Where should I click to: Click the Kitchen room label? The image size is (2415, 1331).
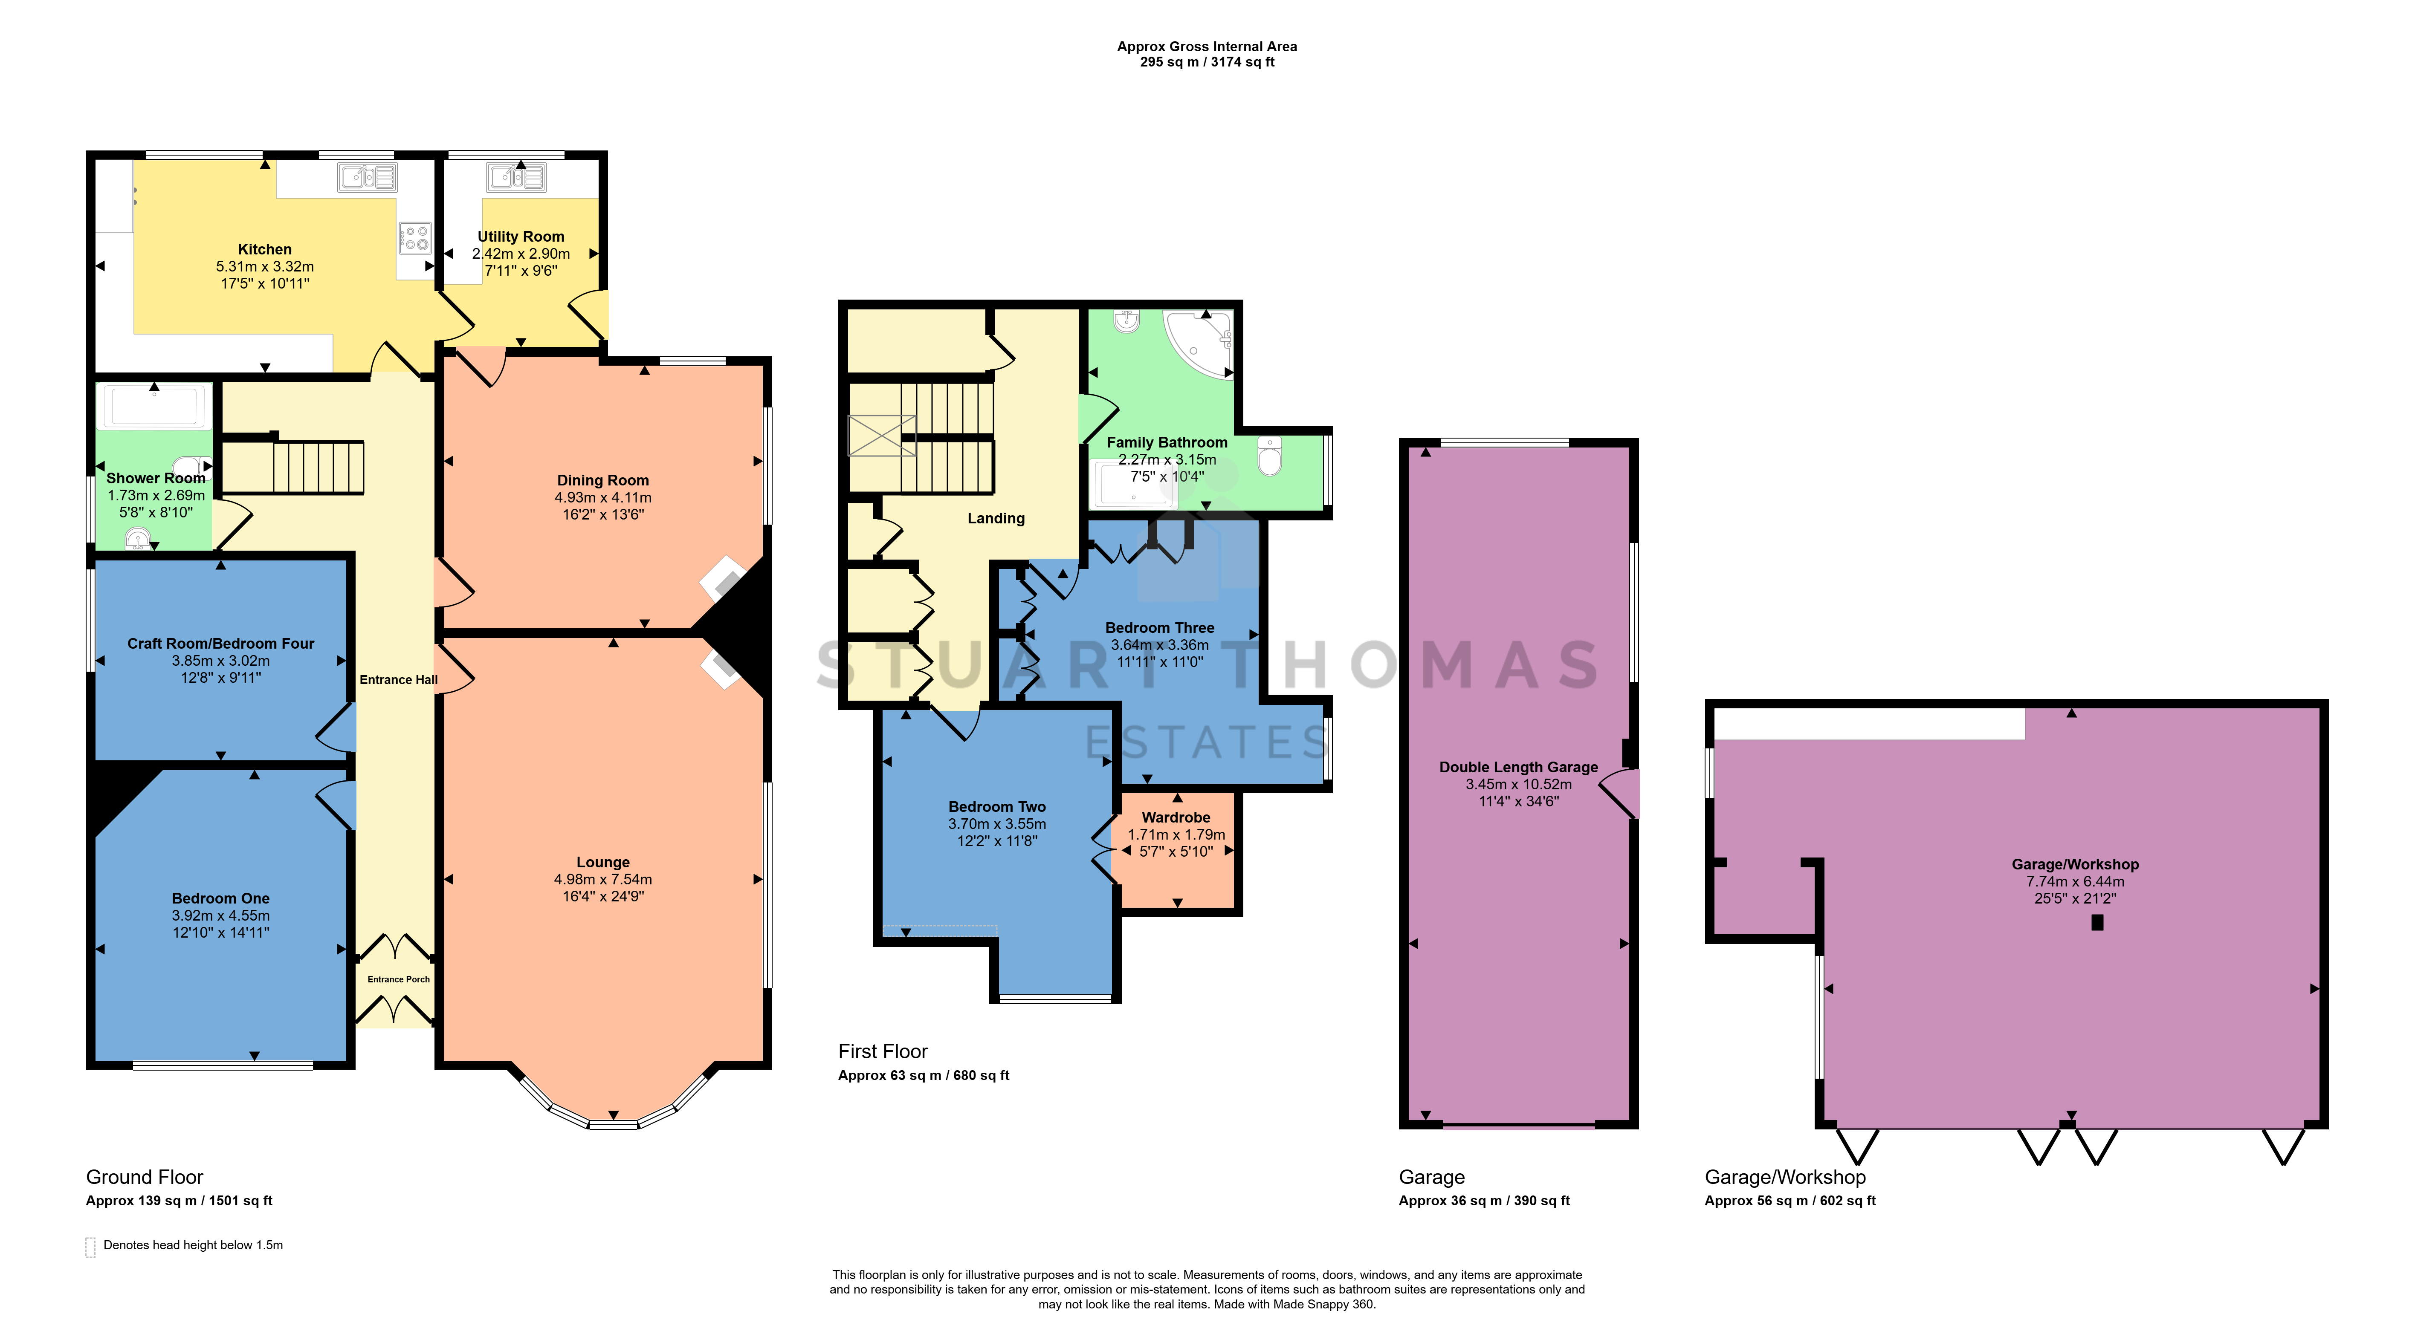click(x=264, y=249)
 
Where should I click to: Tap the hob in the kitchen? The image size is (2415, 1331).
click(x=414, y=237)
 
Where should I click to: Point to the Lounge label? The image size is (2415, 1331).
click(x=603, y=862)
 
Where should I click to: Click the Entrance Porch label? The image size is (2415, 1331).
click(x=398, y=979)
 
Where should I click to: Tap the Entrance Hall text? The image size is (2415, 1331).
click(x=398, y=679)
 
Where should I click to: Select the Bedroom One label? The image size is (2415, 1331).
click(x=220, y=898)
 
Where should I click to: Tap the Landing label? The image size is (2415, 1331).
click(x=996, y=518)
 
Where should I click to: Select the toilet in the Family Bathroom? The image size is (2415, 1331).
click(x=1269, y=456)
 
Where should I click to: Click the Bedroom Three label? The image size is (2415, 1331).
click(x=1160, y=628)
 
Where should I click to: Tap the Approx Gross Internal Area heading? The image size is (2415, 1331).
click(x=1207, y=46)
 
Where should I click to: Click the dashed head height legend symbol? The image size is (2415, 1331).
click(x=90, y=1247)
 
